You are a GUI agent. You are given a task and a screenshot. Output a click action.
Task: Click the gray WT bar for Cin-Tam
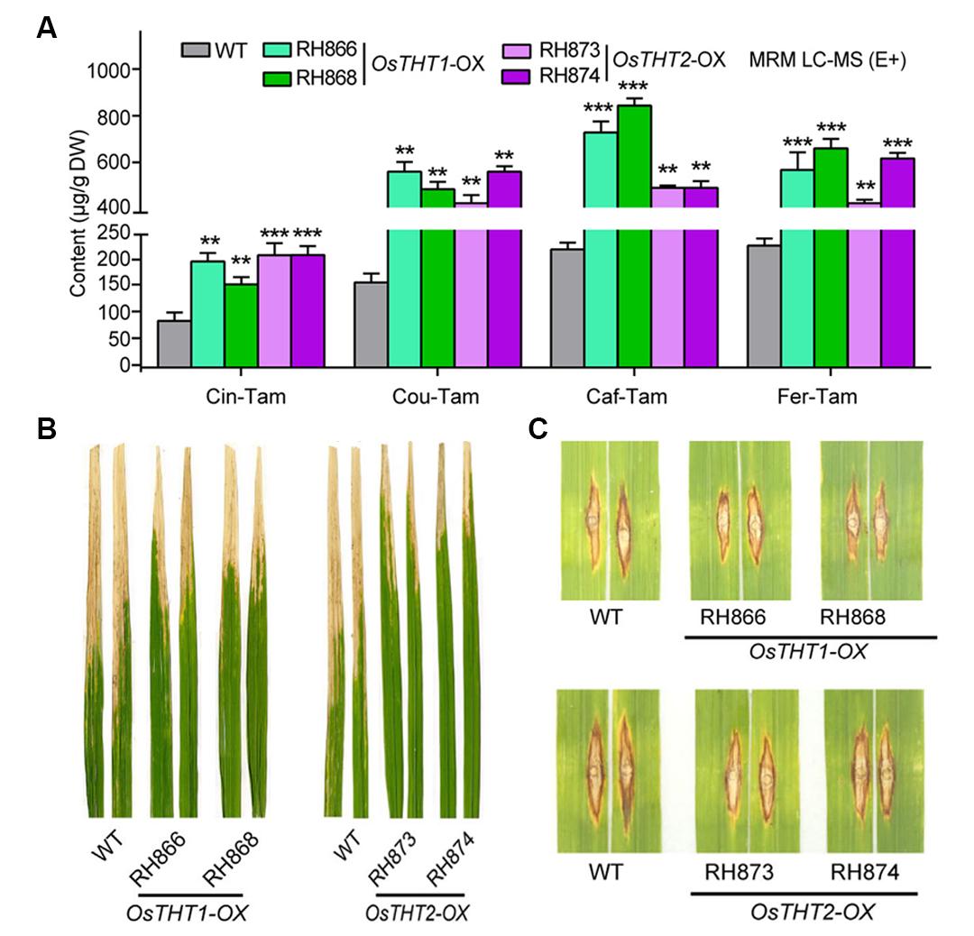[x=174, y=344]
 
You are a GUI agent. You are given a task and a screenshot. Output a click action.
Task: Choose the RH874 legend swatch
[x=516, y=75]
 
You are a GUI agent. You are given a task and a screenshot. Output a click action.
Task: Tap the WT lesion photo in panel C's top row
[x=606, y=520]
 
